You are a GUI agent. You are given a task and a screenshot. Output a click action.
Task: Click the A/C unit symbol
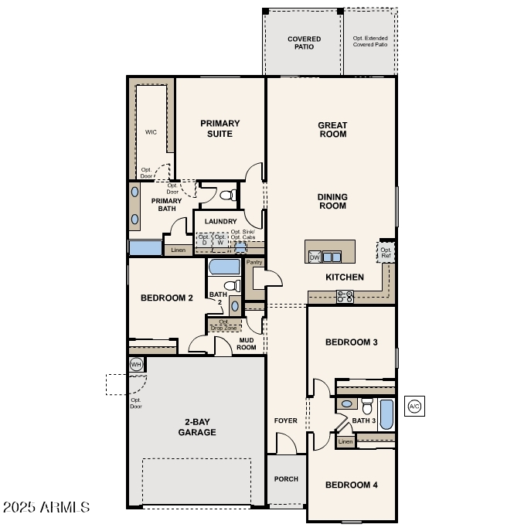click(414, 406)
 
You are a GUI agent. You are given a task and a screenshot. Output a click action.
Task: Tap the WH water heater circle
click(137, 365)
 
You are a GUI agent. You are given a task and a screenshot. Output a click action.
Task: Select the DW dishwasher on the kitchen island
click(315, 257)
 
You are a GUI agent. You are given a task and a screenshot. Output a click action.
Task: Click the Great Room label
click(332, 129)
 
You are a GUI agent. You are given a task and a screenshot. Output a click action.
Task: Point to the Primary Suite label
click(220, 128)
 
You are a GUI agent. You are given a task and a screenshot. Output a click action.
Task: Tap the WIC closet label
click(151, 132)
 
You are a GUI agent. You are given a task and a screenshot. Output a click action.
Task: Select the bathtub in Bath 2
click(224, 267)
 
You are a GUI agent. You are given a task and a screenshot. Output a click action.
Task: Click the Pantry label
click(254, 263)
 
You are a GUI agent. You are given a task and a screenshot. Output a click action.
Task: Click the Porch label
click(286, 479)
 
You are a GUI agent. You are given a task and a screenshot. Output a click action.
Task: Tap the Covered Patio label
click(304, 43)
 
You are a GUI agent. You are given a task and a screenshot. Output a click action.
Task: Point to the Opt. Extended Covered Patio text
click(370, 41)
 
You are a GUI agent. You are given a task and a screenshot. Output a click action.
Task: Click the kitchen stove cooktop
click(345, 294)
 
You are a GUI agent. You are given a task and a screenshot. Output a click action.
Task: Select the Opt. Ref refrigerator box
click(386, 253)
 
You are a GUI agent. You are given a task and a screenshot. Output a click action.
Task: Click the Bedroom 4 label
click(352, 485)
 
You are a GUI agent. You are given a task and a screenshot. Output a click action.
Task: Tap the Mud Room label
click(247, 343)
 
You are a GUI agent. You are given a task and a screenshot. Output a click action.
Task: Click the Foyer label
click(286, 421)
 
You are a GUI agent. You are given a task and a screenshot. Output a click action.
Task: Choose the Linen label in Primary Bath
click(178, 250)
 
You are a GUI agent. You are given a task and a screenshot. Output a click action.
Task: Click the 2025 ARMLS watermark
click(46, 508)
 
